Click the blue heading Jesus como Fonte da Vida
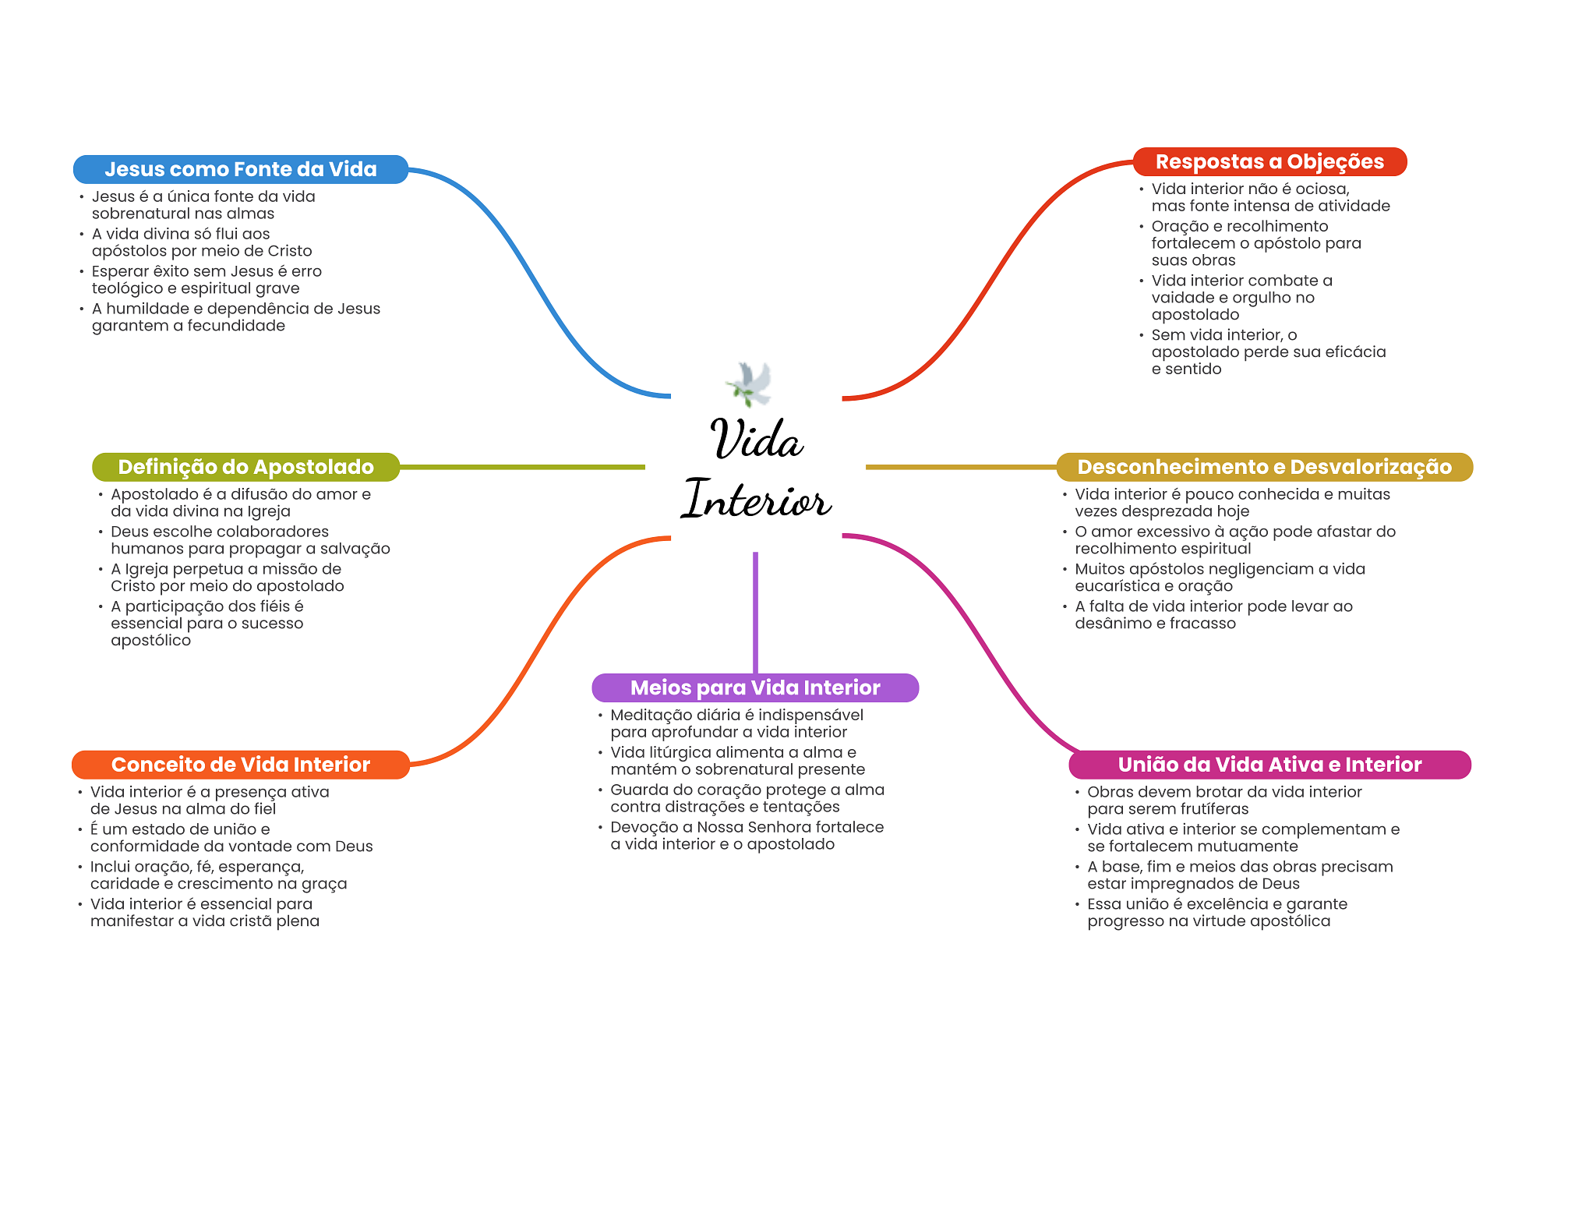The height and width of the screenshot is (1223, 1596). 240,169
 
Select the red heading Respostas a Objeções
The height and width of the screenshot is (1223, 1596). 1269,161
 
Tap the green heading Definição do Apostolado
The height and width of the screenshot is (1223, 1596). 245,467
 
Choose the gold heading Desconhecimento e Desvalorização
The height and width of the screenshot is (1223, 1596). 1264,467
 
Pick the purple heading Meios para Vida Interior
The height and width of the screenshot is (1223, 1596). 754,687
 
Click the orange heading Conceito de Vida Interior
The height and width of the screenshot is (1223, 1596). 240,765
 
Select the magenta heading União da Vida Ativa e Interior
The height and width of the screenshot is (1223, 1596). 1269,765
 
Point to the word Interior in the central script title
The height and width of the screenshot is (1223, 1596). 756,499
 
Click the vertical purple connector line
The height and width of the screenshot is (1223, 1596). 755,612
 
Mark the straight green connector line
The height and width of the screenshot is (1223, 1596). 522,467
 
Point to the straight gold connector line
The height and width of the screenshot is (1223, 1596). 960,467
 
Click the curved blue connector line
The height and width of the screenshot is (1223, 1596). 538,281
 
